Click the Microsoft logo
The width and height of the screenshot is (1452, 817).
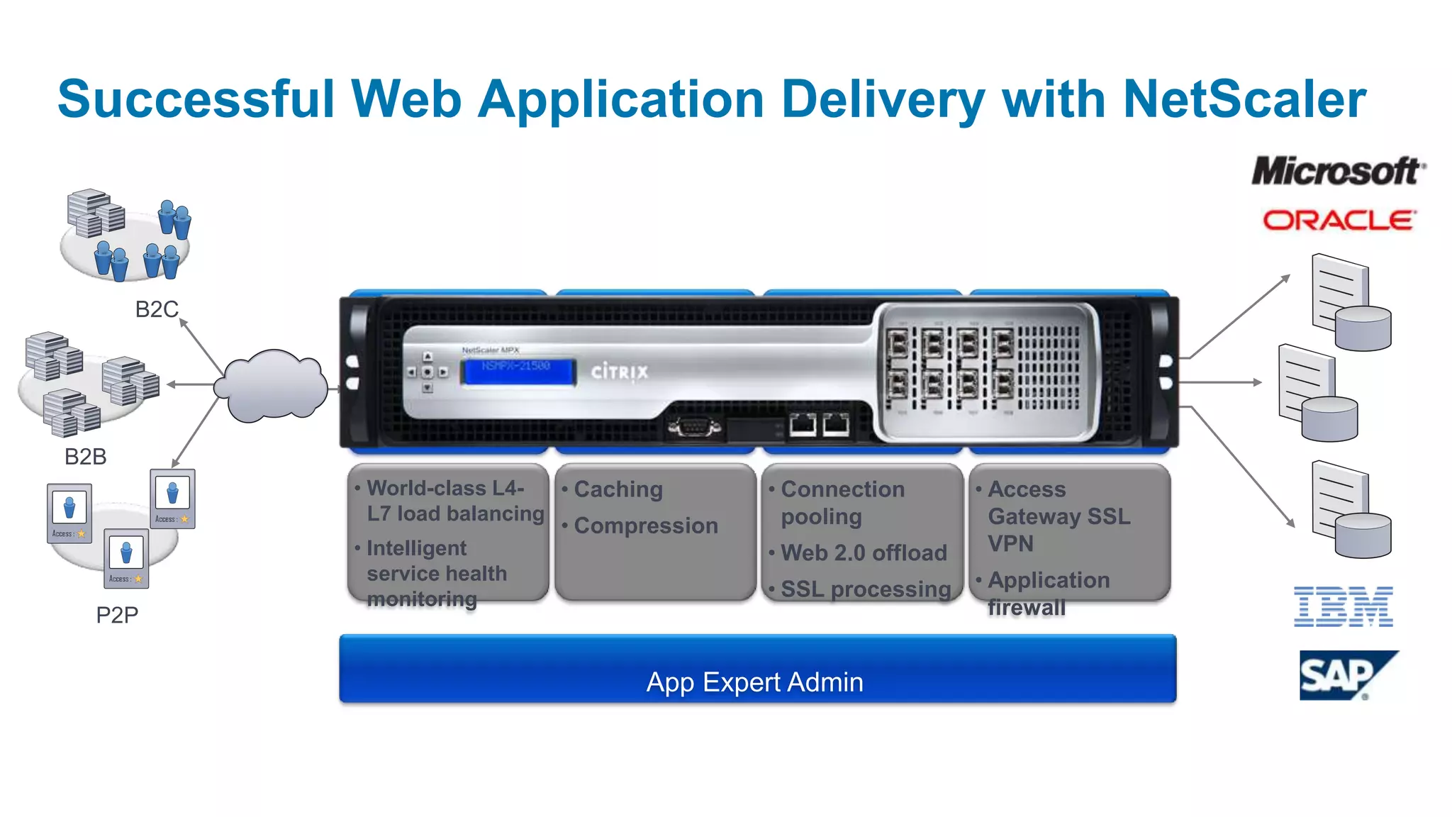pyautogui.click(x=1338, y=172)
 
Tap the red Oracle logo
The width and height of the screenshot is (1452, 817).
pyautogui.click(x=1339, y=220)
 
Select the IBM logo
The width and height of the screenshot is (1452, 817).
pyautogui.click(x=1343, y=606)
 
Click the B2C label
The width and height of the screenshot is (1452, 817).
pyautogui.click(x=157, y=309)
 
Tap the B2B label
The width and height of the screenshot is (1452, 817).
pyautogui.click(x=85, y=457)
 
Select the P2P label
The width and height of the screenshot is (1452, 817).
pyautogui.click(x=117, y=615)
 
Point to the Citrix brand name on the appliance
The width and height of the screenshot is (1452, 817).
pyautogui.click(x=619, y=372)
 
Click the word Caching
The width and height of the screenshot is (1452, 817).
pyautogui.click(x=618, y=489)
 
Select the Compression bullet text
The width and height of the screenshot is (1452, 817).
pyautogui.click(x=645, y=526)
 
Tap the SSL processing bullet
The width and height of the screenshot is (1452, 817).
pyautogui.click(x=865, y=589)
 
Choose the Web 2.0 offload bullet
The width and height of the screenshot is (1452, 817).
pyautogui.click(x=863, y=552)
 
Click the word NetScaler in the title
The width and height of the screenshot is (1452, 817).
pyautogui.click(x=1244, y=99)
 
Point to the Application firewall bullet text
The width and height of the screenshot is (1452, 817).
pyautogui.click(x=1048, y=594)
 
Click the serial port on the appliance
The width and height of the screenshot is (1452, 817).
pyautogui.click(x=694, y=427)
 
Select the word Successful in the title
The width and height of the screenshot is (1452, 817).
pyautogui.click(x=196, y=99)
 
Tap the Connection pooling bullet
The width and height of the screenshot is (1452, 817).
pyautogui.click(x=842, y=503)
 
